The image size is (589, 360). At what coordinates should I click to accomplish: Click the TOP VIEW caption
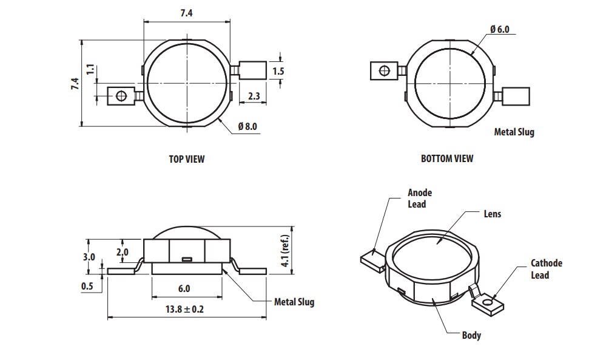coord(186,159)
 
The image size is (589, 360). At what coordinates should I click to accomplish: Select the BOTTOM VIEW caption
coord(447,158)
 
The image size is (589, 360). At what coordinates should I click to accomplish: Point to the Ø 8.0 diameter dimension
coord(247,126)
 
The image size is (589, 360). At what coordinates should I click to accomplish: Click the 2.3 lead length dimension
coord(254,96)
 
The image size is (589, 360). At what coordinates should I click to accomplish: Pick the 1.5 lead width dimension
coord(278,71)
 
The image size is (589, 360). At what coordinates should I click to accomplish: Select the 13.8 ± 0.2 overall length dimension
coord(184,309)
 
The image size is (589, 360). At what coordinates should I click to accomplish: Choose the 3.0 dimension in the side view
coord(89,257)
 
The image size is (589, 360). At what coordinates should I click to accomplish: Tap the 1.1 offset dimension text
coord(90,69)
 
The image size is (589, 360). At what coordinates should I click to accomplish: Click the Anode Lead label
coord(420,199)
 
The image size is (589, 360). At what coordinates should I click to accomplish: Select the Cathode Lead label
coord(547,269)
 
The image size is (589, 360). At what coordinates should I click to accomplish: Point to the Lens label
coord(492,214)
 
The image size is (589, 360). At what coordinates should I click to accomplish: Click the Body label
coord(471,335)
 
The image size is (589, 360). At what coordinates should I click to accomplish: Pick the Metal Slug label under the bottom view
coord(514,132)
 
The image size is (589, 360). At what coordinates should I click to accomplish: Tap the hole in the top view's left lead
coord(121,96)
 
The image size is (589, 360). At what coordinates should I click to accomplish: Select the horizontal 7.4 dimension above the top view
coord(186,14)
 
